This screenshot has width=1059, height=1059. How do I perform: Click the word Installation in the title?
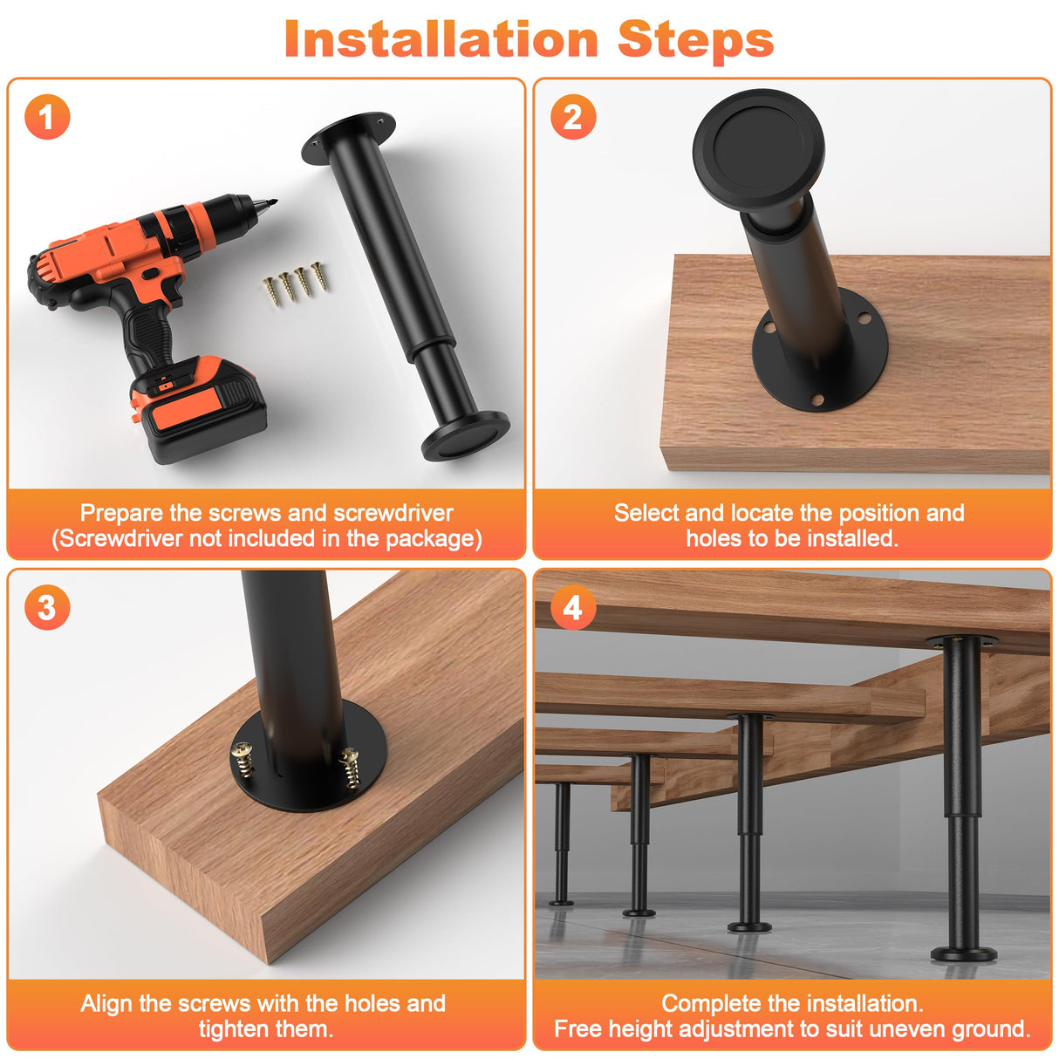click(441, 39)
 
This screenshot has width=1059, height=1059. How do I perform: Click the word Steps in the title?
click(695, 39)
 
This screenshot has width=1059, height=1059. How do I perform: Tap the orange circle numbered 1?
click(47, 117)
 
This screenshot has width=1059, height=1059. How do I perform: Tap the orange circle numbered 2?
click(573, 117)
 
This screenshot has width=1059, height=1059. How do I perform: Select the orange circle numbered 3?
click(47, 607)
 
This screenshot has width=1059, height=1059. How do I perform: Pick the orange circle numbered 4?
click(573, 607)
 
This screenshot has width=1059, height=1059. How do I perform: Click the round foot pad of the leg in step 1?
click(466, 435)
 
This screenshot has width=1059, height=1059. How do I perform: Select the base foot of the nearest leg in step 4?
click(963, 953)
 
